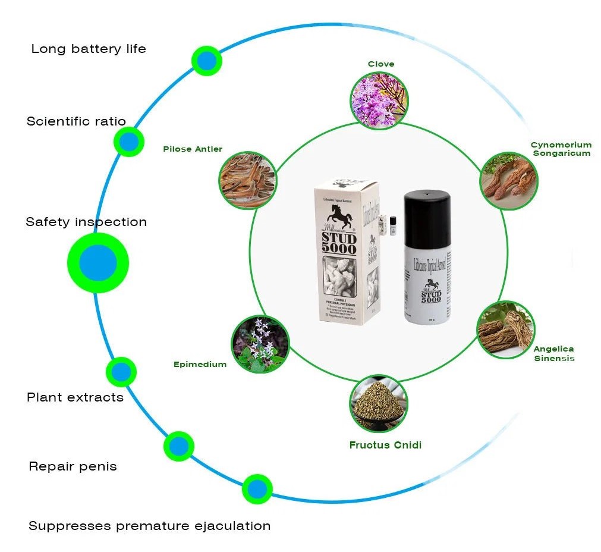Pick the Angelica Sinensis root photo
506,330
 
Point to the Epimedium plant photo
260,344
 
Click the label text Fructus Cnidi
385,445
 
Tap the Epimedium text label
200,364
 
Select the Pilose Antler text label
193,149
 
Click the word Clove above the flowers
380,64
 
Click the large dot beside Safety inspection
98,262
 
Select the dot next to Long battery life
206,60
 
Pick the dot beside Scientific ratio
129,142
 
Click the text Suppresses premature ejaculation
149,526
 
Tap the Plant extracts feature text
75,397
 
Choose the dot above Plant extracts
121,372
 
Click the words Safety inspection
86,222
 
